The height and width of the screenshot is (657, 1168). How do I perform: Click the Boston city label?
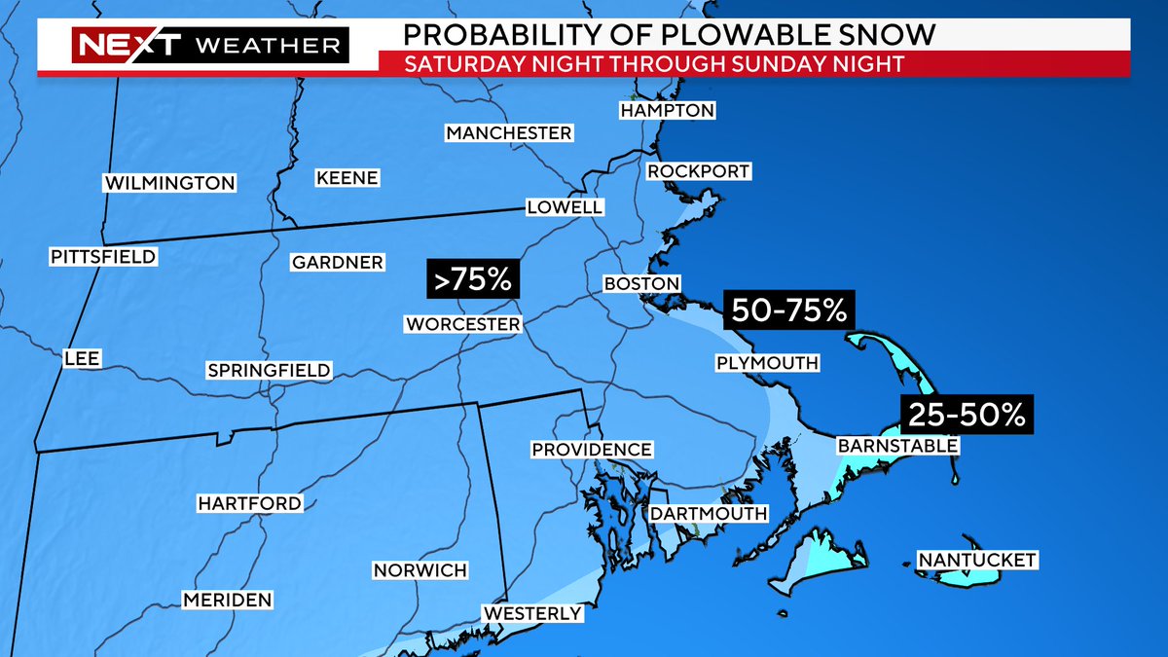tap(641, 283)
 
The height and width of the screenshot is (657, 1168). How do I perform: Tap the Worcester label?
tap(462, 323)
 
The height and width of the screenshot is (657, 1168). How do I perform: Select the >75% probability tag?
tap(473, 279)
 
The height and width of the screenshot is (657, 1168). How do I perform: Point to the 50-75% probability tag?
tap(787, 310)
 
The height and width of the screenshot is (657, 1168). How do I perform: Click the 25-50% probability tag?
tap(967, 416)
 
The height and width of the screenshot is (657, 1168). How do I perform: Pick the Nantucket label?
tap(977, 560)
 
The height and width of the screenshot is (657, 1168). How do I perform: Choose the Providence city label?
tap(591, 449)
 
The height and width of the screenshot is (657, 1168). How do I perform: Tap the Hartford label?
tap(249, 503)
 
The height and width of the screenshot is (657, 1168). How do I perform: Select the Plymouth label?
tap(767, 363)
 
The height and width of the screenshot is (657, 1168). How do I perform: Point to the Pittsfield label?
tap(103, 256)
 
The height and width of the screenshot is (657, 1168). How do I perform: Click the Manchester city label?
tap(509, 132)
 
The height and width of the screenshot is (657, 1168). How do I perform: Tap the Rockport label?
tap(699, 171)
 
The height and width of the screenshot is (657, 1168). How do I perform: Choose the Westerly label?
tap(532, 613)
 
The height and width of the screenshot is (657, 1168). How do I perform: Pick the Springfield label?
tap(269, 370)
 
